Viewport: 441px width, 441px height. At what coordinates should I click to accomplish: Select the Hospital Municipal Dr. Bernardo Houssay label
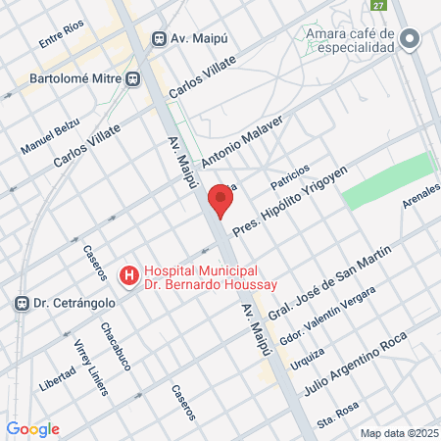pyautogui.click(x=200, y=277)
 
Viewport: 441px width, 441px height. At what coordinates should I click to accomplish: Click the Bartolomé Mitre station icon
pyautogui.click(x=133, y=75)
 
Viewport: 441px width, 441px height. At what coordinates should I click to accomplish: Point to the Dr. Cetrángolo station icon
pyautogui.click(x=20, y=304)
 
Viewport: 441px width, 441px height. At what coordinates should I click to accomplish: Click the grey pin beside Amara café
pyautogui.click(x=410, y=40)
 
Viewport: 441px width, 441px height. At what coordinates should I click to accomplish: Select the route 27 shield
pyautogui.click(x=378, y=6)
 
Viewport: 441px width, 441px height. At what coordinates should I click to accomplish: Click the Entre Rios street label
pyautogui.click(x=63, y=37)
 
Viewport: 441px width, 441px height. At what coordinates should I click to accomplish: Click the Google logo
pyautogui.click(x=33, y=429)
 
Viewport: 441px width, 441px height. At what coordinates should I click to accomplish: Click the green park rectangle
pyautogui.click(x=386, y=180)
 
